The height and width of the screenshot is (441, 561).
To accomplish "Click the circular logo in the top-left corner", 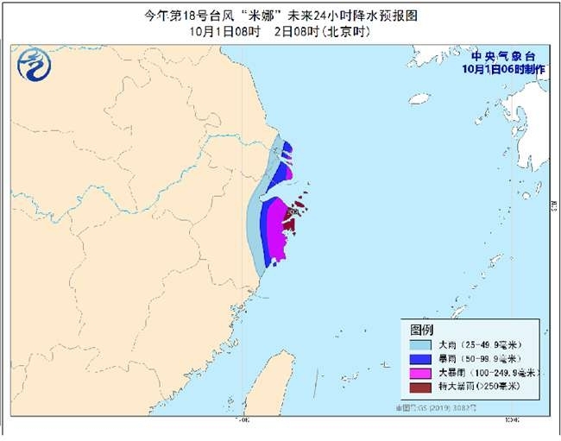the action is click(x=34, y=62).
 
